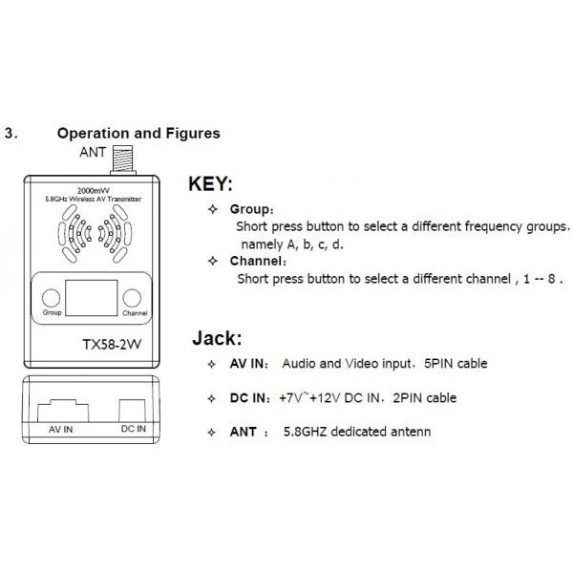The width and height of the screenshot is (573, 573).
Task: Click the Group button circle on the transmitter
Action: pos(52,297)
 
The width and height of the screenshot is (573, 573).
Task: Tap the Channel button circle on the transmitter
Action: pos(132,297)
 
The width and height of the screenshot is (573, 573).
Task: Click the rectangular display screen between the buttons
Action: pos(92,298)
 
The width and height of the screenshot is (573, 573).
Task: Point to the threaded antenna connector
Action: pos(123,159)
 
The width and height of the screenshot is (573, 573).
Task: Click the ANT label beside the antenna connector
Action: pos(93,152)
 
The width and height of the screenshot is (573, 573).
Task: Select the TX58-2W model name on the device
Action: pos(112,344)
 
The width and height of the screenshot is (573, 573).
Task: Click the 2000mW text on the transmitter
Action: pos(94,190)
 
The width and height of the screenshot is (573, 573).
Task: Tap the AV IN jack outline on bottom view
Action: pos(63,411)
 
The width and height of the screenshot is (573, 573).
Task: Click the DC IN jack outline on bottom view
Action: pos(133,411)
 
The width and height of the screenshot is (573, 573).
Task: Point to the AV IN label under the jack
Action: pos(61,430)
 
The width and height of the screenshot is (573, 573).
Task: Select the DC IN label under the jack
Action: pos(134,429)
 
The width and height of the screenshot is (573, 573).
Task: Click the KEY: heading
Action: pos(210,183)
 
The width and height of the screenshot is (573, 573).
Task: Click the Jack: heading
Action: pos(217,338)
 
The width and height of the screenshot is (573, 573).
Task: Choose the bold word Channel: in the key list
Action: pos(258,261)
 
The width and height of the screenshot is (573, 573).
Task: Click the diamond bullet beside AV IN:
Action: pos(212,364)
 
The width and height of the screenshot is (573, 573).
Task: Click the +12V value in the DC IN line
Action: pos(325,397)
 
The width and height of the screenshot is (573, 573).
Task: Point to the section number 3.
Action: pos(11,134)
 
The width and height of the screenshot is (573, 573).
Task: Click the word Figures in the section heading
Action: pos(193,134)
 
